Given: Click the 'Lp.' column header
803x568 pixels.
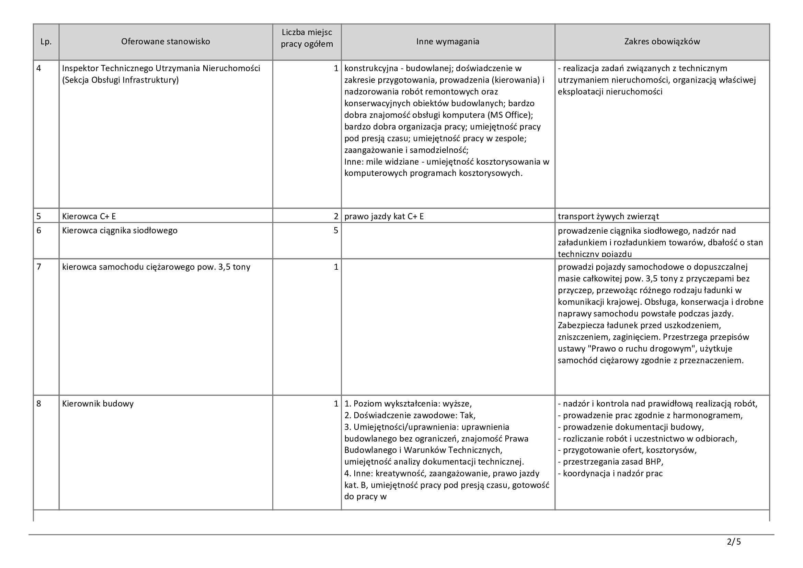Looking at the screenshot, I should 46,42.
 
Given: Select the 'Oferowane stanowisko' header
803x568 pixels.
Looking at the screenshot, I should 165,42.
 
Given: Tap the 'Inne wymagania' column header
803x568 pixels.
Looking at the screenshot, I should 448,42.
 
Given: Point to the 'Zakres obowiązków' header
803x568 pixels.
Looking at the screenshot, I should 662,42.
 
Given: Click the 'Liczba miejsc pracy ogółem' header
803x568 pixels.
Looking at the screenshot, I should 307,38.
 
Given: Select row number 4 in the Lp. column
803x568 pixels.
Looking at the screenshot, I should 39,69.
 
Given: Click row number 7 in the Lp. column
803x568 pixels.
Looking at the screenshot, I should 39,267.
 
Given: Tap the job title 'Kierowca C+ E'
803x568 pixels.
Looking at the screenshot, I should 89,216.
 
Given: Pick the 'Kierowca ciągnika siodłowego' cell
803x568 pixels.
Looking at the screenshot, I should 119,231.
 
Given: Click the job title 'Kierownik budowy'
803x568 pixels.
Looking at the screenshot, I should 98,404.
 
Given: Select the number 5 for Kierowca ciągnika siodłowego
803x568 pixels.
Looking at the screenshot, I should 336,231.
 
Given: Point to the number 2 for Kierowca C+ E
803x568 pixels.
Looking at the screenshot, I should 336,216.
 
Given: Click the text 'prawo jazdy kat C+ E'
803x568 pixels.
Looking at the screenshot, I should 384,216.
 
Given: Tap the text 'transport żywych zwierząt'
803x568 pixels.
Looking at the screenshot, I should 608,216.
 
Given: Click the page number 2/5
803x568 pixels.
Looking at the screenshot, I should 734,542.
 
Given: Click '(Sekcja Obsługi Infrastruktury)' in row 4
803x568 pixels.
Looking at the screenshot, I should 120,80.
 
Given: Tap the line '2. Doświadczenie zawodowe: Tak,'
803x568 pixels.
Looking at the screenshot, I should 410,415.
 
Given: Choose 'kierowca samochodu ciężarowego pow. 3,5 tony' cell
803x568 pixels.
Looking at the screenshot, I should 156,267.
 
